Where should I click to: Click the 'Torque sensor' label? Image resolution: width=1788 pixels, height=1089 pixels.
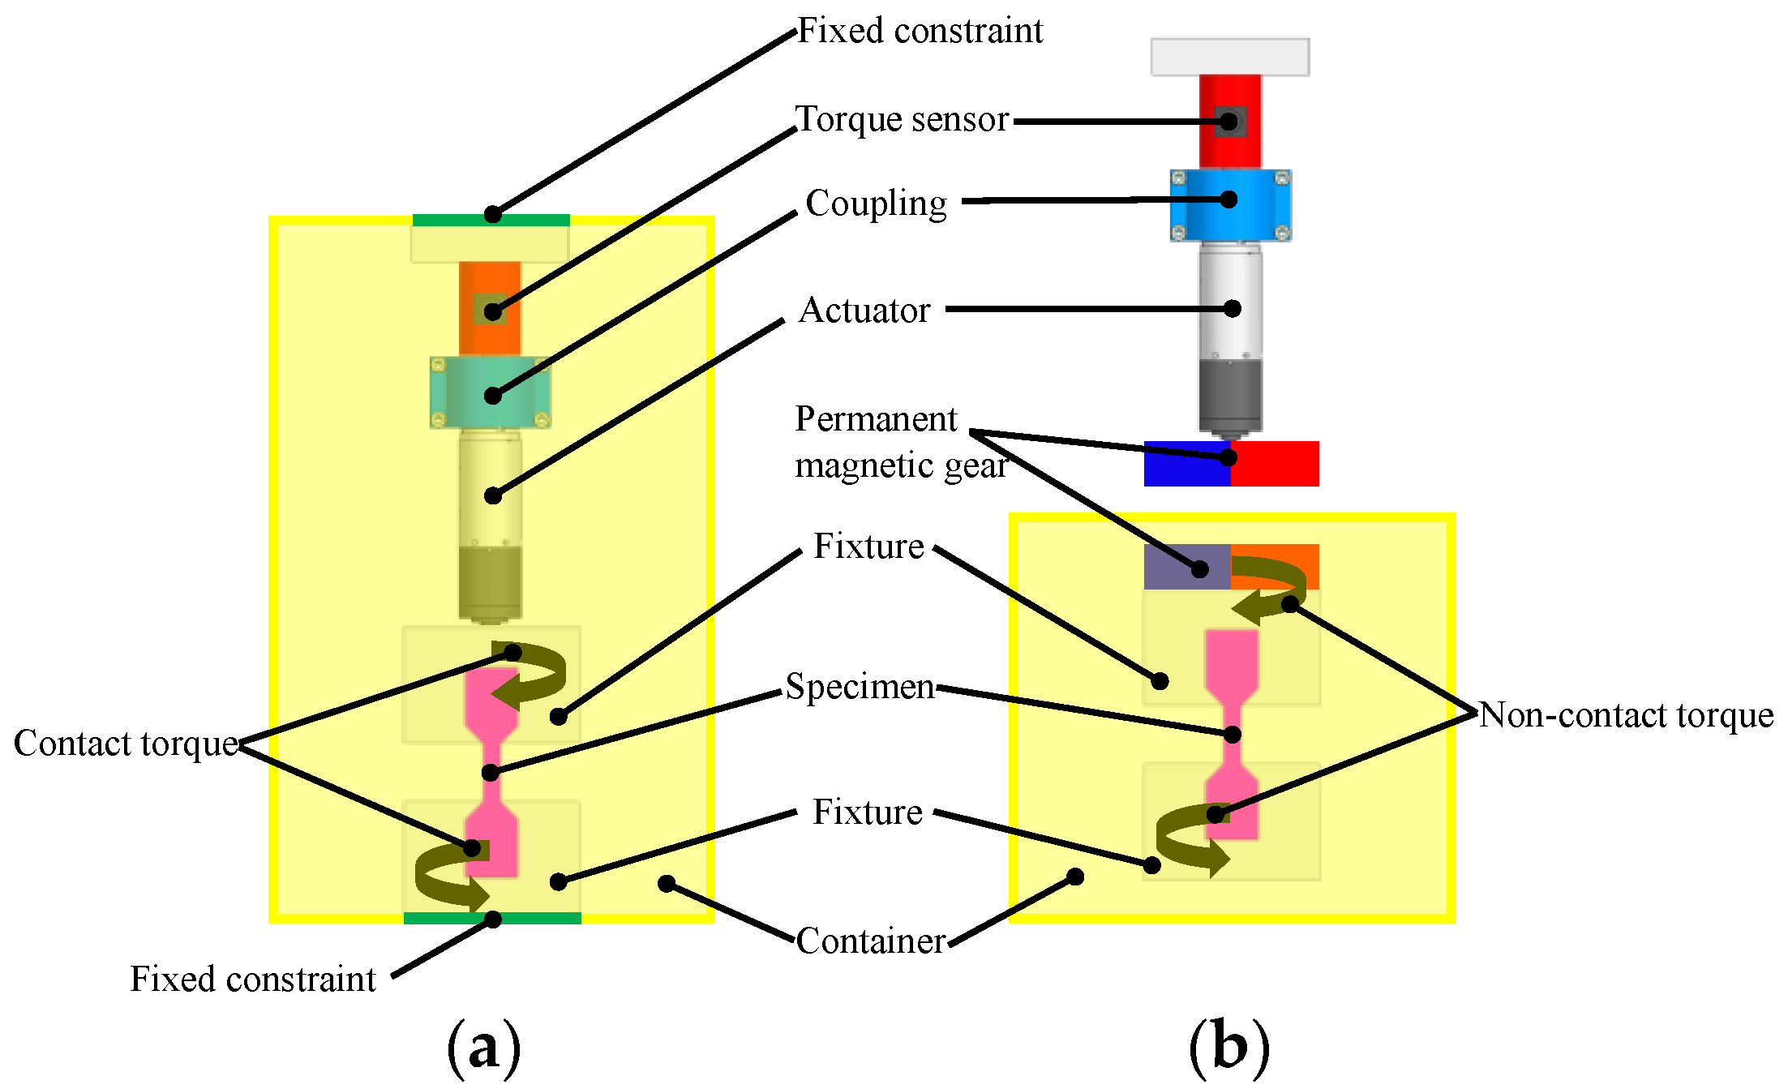902,119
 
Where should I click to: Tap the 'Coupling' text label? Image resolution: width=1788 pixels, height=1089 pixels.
877,204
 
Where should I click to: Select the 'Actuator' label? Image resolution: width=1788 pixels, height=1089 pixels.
864,311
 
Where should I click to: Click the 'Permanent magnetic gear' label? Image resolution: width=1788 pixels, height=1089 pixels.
901,442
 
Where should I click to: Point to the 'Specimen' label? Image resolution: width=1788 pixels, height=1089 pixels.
860,688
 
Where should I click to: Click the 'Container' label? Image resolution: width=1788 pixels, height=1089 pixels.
872,941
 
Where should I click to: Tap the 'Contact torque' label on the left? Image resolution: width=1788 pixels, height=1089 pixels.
126,744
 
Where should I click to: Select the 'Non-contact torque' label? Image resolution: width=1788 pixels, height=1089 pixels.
1627,715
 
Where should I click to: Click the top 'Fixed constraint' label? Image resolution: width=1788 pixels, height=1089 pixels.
920,31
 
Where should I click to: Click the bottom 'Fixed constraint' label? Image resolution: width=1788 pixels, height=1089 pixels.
253,980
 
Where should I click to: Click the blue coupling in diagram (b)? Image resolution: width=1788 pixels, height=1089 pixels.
1231,206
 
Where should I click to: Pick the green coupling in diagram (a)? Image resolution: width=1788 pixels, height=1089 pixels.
491,392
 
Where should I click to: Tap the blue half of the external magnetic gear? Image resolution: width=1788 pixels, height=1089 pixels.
1187,464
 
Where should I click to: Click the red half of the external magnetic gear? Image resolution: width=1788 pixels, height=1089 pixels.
1275,464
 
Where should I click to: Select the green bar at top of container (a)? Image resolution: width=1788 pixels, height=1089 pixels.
491,220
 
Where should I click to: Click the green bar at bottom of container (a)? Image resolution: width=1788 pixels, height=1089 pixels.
492,918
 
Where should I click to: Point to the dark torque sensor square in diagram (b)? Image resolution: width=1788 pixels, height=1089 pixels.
1230,122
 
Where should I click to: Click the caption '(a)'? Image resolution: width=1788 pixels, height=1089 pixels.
484,1048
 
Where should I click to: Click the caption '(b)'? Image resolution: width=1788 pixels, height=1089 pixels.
1229,1048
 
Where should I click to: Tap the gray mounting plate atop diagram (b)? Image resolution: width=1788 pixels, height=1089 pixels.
1230,57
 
